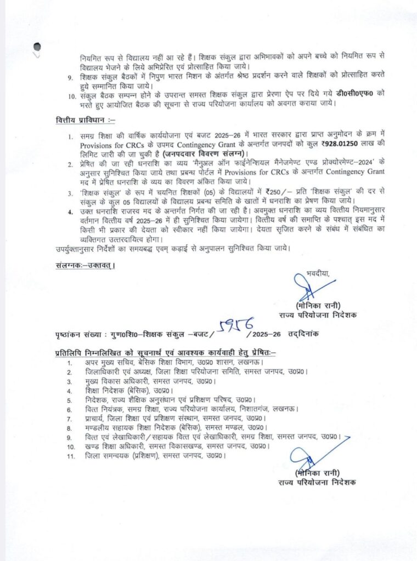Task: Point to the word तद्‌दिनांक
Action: (308, 334)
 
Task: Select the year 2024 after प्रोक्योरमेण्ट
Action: (339, 164)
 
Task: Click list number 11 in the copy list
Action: (70, 455)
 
